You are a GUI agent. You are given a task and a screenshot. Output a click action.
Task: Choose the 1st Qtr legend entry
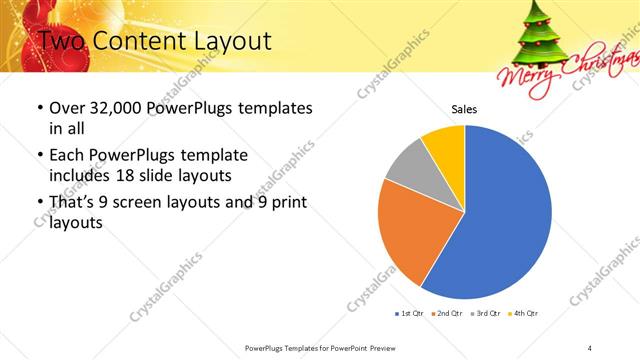point(410,314)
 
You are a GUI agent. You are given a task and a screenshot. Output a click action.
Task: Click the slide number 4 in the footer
point(590,347)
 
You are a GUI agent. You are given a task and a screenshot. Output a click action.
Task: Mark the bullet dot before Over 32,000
point(39,108)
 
